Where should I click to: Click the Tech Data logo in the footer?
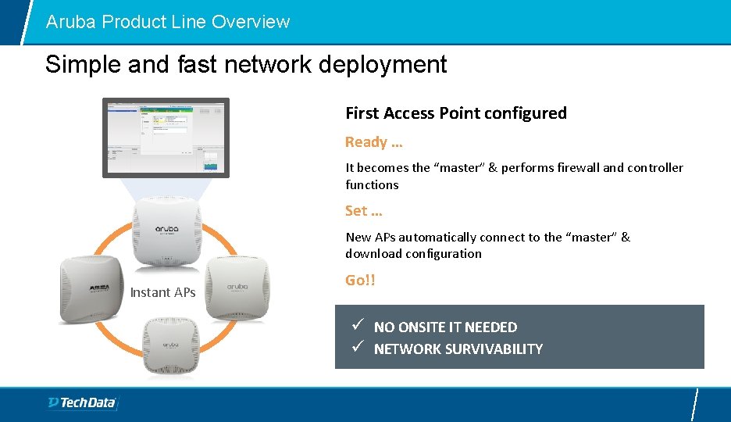point(81,402)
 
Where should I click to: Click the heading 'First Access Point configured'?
point(456,113)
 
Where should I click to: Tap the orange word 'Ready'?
point(365,142)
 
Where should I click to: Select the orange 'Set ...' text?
point(363,211)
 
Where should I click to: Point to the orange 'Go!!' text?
point(360,280)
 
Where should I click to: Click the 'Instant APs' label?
point(162,292)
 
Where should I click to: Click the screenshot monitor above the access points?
point(166,137)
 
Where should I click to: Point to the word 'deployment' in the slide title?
point(389,64)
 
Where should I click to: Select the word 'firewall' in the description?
point(572,168)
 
